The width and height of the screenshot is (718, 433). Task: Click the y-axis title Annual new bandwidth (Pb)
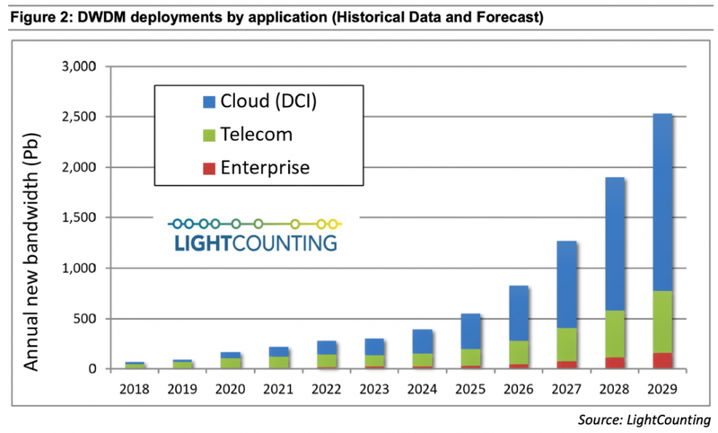click(x=32, y=217)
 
